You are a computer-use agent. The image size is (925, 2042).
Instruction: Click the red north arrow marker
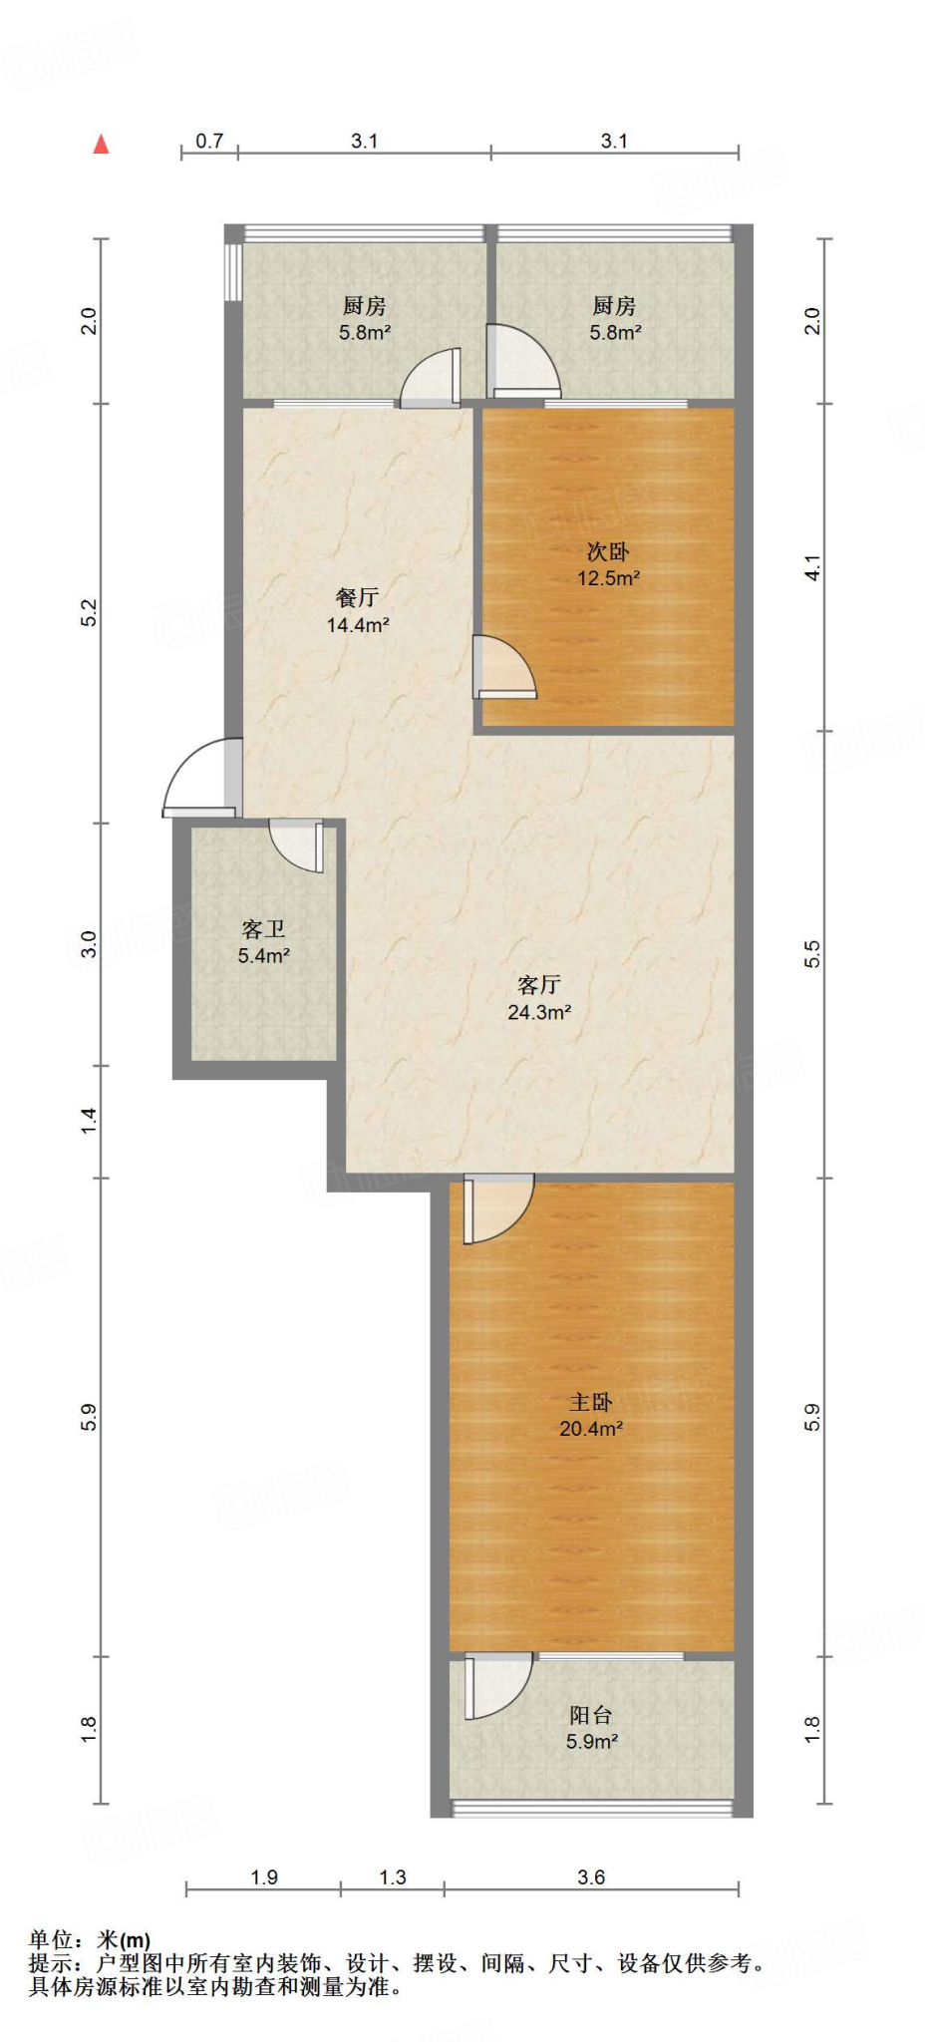[x=101, y=145]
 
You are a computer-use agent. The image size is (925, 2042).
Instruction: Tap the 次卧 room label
[x=607, y=551]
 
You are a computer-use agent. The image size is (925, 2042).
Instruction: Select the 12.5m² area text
[x=608, y=578]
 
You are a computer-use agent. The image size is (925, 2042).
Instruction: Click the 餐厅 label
[x=357, y=597]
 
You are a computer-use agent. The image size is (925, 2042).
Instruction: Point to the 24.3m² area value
[x=538, y=1012]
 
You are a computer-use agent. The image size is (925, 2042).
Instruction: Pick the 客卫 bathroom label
[x=263, y=929]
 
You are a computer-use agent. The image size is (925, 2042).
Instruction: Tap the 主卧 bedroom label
[x=591, y=1402]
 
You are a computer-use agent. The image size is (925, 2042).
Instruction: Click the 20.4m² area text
[x=591, y=1429]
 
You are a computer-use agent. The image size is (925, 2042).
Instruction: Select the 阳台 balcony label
[x=591, y=1715]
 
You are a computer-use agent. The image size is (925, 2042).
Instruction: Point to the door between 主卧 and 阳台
[x=495, y=1685]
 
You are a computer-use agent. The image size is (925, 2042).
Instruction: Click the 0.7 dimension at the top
[x=209, y=141]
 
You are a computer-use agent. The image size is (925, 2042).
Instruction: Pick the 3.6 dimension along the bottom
[x=591, y=1877]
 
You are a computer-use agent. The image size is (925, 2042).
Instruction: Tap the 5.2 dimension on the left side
[x=89, y=612]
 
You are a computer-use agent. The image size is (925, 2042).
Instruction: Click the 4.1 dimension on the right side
[x=813, y=568]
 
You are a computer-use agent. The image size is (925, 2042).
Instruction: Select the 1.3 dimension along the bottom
[x=393, y=1877]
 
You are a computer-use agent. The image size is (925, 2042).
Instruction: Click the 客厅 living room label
[x=538, y=985]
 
